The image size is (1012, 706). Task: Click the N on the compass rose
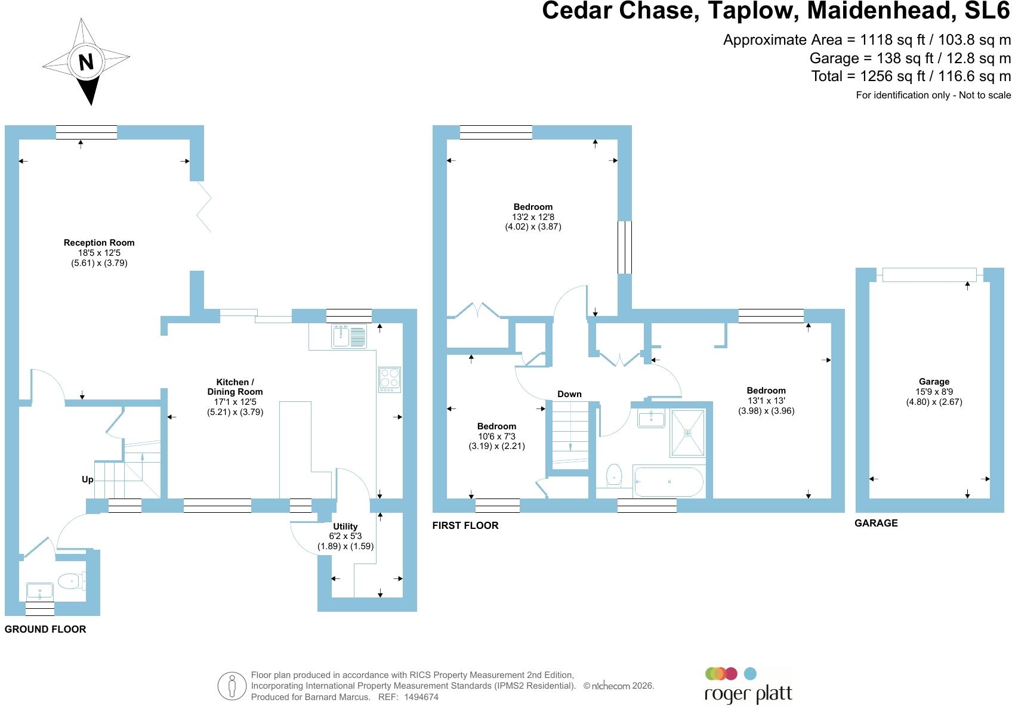pyautogui.click(x=86, y=62)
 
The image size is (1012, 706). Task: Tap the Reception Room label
pyautogui.click(x=99, y=243)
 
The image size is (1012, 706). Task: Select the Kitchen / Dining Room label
pyautogui.click(x=235, y=387)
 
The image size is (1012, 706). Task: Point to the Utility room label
pyautogui.click(x=345, y=527)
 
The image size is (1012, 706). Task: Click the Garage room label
pyautogui.click(x=934, y=382)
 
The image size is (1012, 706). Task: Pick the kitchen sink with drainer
pyautogui.click(x=349, y=336)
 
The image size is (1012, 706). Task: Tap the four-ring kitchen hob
pyautogui.click(x=390, y=380)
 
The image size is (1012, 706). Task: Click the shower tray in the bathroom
pyautogui.click(x=687, y=433)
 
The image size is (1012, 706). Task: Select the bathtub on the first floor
pyautogui.click(x=668, y=482)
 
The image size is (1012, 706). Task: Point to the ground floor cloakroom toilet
pyautogui.click(x=72, y=581)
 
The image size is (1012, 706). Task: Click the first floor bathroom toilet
pyautogui.click(x=613, y=475)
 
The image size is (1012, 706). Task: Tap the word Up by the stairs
pyautogui.click(x=88, y=479)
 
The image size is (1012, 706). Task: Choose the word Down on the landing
pyautogui.click(x=569, y=394)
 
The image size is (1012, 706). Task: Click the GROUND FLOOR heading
pyautogui.click(x=45, y=629)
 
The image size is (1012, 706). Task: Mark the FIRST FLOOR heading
pyautogui.click(x=465, y=525)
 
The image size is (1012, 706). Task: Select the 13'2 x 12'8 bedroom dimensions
pyautogui.click(x=533, y=217)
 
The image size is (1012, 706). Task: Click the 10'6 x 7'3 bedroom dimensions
pyautogui.click(x=496, y=436)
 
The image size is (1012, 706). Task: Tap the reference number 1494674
pyautogui.click(x=421, y=697)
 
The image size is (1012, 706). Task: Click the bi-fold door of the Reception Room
pyautogui.click(x=203, y=207)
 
